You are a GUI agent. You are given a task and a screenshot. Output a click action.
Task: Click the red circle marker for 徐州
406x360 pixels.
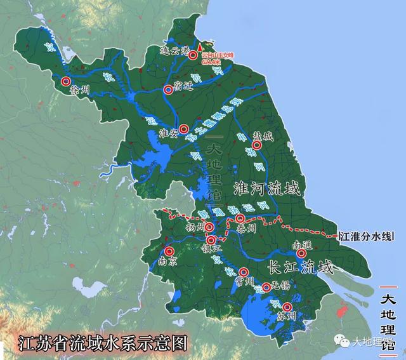pos(67,81)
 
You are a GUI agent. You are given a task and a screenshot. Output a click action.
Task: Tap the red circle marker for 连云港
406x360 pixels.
pos(192,53)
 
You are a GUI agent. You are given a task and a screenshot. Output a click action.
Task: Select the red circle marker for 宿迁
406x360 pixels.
pos(168,90)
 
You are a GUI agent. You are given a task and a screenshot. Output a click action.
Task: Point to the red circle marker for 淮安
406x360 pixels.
pos(183,129)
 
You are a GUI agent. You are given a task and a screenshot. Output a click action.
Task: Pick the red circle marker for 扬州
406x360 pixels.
pos(209,227)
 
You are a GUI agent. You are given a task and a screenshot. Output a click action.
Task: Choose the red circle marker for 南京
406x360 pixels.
pos(169,250)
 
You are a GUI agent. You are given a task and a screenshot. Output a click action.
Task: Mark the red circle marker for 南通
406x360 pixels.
pos(301,253)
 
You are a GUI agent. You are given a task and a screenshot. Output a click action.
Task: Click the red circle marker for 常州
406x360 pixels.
pos(243,272)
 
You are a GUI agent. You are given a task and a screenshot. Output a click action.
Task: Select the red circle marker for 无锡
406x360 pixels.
pos(266,287)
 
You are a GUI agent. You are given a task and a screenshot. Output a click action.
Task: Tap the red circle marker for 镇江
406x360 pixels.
pos(210,239)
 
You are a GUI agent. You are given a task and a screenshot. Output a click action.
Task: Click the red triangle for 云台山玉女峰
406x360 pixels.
pos(200,47)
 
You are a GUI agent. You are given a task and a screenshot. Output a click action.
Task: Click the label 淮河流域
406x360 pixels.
pos(265,189)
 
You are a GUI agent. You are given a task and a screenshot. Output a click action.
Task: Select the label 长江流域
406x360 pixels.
pos(301,267)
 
